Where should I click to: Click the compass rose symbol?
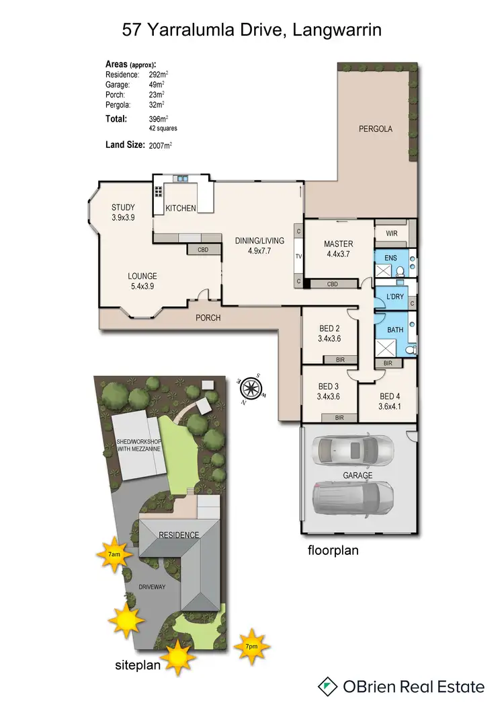pos(251,387)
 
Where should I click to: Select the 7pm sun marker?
pos(251,646)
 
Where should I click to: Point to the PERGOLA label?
pos(375,128)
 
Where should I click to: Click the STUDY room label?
pos(123,207)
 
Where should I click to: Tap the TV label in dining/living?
pos(299,256)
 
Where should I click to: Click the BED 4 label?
pos(390,396)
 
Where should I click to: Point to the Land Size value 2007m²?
pos(163,145)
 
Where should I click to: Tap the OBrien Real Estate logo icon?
pos(327,686)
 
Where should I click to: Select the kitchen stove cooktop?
pos(159,191)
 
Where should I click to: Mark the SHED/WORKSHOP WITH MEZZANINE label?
pos(137,447)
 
